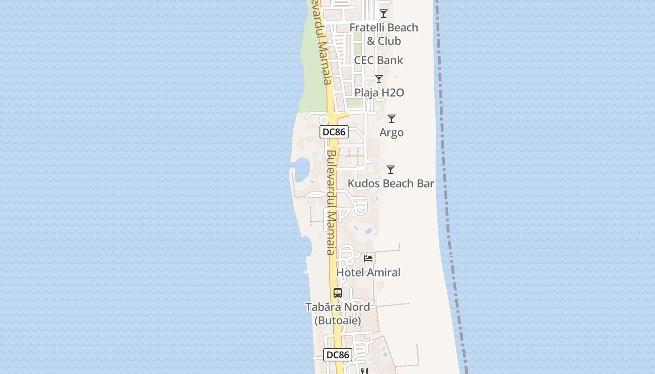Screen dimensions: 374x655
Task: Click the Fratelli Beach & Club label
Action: (x=384, y=34)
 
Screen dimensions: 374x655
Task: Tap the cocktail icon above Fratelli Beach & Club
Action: (x=384, y=14)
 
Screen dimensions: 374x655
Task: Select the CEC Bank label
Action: (x=378, y=60)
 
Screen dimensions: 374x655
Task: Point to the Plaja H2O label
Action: (x=379, y=93)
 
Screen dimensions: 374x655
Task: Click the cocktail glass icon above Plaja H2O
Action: (x=379, y=79)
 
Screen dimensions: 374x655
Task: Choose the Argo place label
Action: (x=392, y=132)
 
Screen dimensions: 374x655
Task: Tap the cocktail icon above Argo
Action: (x=392, y=119)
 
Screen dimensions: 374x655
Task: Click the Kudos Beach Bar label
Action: (x=391, y=183)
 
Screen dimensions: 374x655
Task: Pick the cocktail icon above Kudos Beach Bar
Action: (x=391, y=170)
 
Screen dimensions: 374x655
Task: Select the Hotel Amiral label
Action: (x=368, y=272)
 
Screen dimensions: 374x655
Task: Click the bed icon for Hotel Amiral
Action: (x=368, y=258)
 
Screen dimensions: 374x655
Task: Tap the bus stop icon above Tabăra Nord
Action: (x=338, y=293)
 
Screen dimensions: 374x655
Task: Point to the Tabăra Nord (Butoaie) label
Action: (x=338, y=314)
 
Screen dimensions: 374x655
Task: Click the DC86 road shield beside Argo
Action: (x=334, y=132)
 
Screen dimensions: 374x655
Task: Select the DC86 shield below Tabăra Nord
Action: (x=338, y=355)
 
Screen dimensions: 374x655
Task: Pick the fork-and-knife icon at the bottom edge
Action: (x=364, y=371)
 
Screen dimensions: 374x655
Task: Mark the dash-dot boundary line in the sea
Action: (x=447, y=187)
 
